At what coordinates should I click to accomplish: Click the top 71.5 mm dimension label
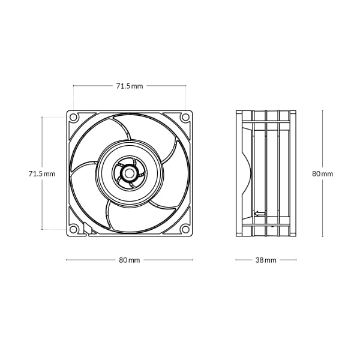[x=129, y=86]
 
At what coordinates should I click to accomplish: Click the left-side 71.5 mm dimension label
[x=41, y=173]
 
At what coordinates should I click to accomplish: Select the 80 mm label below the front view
[x=129, y=260]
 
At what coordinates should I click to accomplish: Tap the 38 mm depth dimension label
[x=266, y=260]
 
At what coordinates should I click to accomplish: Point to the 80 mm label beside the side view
[x=322, y=173]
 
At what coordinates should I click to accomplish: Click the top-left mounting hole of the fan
[x=74, y=117]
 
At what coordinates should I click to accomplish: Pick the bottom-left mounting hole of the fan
[x=74, y=229]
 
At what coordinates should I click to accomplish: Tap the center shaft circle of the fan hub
[x=129, y=173]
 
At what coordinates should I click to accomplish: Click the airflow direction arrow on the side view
[x=260, y=213]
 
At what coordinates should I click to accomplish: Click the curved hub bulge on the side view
[x=246, y=173]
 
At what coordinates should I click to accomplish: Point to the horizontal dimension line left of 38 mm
[x=245, y=260]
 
